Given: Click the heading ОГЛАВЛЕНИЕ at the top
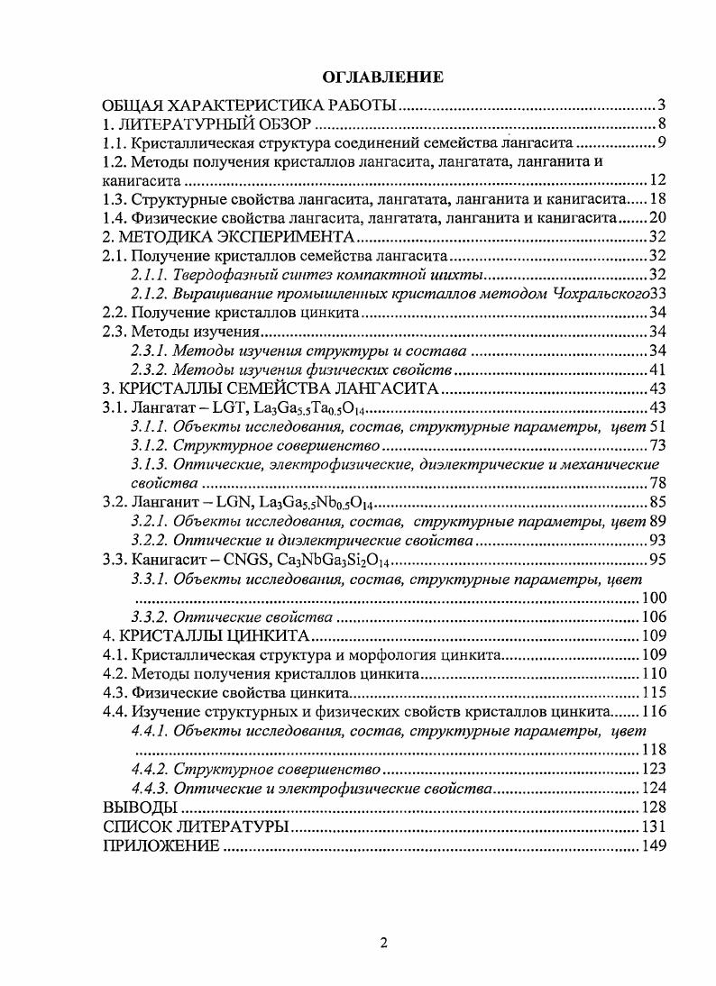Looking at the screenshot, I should (x=383, y=78).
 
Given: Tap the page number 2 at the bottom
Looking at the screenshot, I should (x=383, y=943).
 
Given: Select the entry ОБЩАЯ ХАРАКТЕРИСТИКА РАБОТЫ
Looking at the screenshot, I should (x=250, y=105).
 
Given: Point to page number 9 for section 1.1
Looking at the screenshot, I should (x=661, y=143).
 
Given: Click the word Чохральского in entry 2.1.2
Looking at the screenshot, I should (x=602, y=294).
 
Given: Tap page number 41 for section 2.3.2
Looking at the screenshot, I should (x=657, y=370).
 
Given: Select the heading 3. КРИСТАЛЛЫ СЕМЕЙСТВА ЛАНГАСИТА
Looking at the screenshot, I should (x=271, y=388).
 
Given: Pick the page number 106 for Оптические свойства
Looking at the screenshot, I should (x=653, y=617).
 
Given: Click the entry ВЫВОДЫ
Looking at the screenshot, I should (x=134, y=807).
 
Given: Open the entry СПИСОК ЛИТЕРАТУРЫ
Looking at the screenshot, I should (x=196, y=826).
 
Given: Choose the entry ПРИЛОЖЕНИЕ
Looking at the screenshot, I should (x=161, y=845).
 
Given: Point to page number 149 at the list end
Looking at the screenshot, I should (x=653, y=845).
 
